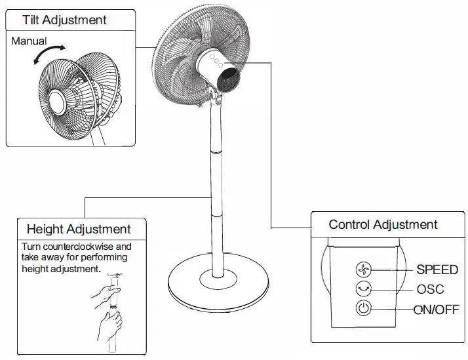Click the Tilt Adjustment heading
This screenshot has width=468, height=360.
click(x=64, y=20)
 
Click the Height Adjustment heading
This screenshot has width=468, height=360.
click(x=78, y=230)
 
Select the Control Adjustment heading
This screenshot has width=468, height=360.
click(x=383, y=225)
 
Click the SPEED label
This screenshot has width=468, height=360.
click(x=437, y=270)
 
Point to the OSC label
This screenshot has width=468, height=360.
click(x=430, y=289)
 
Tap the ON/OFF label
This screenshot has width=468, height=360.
click(x=436, y=310)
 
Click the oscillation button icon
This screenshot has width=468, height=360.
click(x=364, y=289)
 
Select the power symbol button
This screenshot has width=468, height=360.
click(x=364, y=309)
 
